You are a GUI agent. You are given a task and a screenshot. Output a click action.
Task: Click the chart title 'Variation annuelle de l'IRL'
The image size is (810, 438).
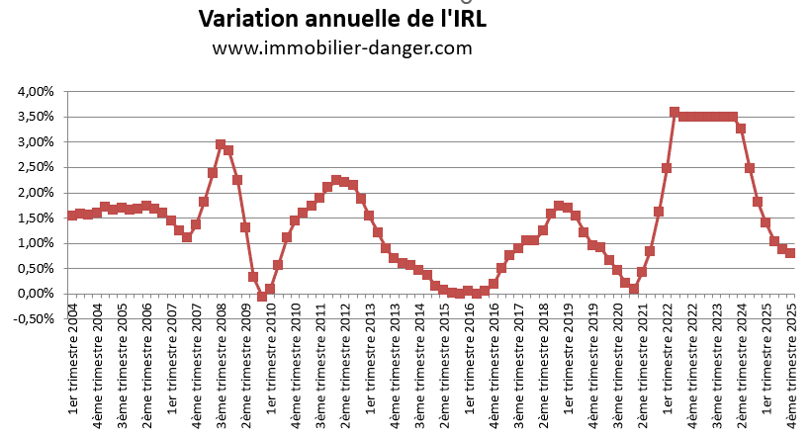(342, 19)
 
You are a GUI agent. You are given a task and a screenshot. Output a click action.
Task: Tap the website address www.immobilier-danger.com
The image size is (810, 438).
(342, 47)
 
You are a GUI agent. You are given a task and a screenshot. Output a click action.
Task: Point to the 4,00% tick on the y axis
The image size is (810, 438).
(36, 92)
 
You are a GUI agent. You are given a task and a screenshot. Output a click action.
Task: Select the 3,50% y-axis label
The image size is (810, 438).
(36, 117)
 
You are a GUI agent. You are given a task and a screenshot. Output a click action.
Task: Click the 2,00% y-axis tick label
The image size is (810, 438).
(36, 193)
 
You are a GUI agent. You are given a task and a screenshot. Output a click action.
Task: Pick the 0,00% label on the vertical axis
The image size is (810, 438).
(36, 294)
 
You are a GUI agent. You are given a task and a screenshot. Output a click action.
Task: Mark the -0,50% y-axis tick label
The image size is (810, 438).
(34, 318)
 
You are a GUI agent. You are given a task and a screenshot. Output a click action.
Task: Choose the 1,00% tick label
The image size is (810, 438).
(36, 243)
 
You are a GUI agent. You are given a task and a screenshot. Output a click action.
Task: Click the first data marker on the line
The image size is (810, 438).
(72, 215)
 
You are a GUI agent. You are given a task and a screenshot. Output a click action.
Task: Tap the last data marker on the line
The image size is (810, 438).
(790, 253)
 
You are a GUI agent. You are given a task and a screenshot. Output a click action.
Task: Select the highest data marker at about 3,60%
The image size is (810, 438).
(675, 112)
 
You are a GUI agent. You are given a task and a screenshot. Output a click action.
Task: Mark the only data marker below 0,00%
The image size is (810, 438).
(262, 297)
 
